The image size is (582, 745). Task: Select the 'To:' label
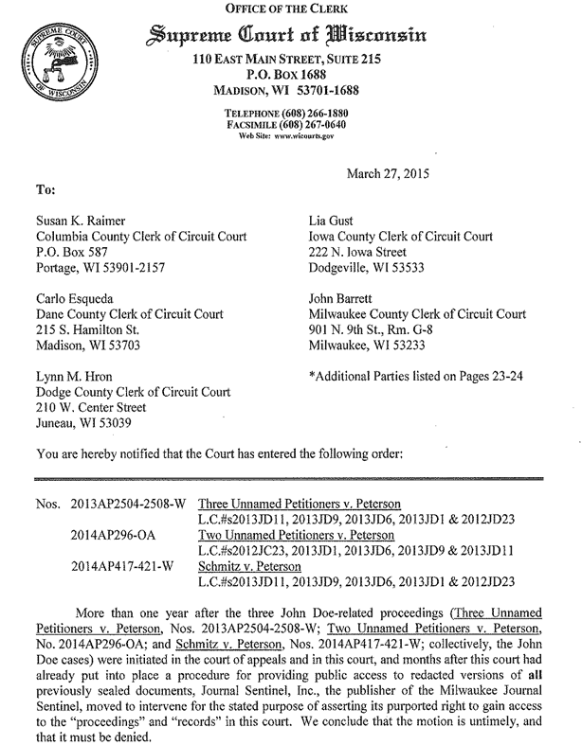point(45,189)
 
